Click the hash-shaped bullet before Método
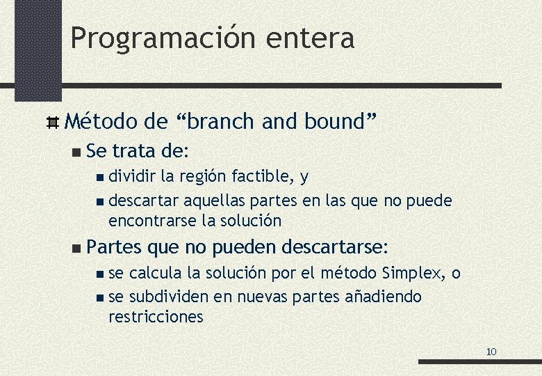tap(53, 123)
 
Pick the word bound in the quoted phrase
tap(336, 122)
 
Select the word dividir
tap(133, 177)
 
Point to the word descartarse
tap(334, 247)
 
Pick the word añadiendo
tap(383, 297)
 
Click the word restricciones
tap(156, 317)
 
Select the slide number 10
tap(491, 352)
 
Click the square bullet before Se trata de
tap(76, 151)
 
